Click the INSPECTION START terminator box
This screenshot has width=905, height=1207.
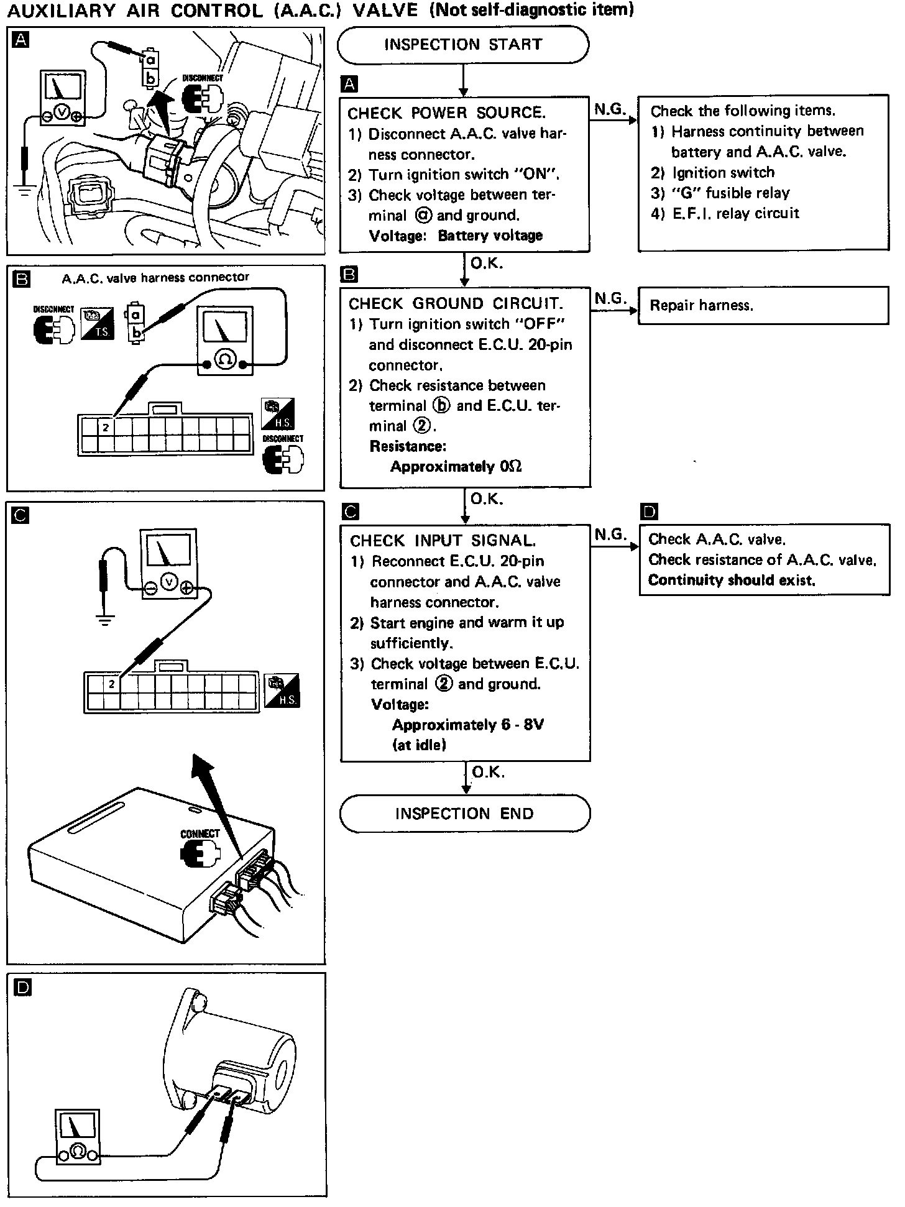pos(463,45)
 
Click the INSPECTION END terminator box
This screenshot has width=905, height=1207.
pos(464,814)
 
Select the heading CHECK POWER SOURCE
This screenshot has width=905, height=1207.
pos(446,113)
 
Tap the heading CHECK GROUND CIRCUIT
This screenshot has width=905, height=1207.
pos(456,304)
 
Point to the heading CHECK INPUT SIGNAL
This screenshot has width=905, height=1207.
pos(443,541)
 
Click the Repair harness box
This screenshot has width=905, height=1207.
pos(763,305)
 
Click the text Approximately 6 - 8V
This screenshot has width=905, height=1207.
pos(467,725)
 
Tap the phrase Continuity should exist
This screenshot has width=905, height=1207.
pos(731,581)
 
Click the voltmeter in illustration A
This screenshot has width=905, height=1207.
pos(61,98)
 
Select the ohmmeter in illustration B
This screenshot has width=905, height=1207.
pos(225,340)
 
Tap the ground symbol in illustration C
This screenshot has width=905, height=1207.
pos(105,619)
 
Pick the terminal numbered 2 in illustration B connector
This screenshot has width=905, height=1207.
pos(106,428)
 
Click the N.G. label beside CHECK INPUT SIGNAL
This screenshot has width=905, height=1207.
pos(610,535)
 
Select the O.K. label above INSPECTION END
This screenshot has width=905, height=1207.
pos(489,772)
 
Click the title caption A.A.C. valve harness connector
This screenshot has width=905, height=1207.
pos(155,278)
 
